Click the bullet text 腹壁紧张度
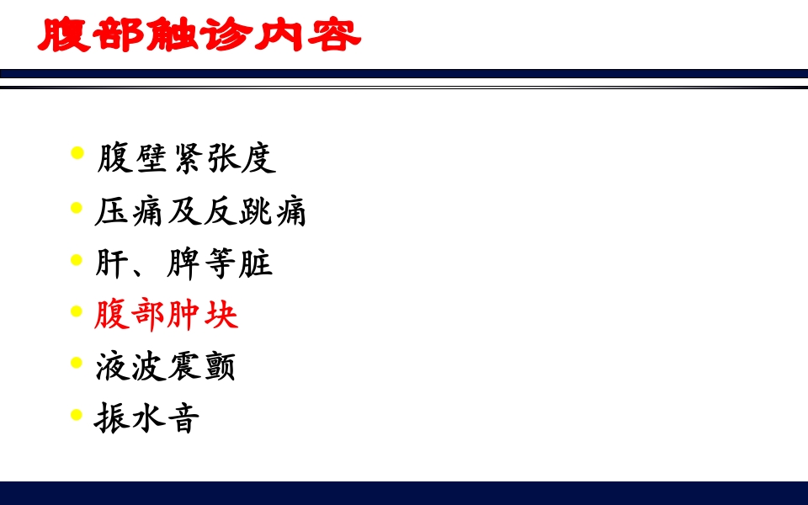tap(187, 157)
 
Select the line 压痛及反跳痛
tap(200, 210)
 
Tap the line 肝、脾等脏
tap(184, 263)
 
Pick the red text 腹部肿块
tap(167, 315)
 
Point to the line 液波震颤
tap(165, 366)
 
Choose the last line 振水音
tap(147, 418)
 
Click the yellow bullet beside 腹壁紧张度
tap(77, 153)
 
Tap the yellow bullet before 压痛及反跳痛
tap(77, 206)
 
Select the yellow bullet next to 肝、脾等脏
tap(77, 258)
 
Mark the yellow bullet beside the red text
tap(77, 311)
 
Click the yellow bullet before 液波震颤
tap(77, 363)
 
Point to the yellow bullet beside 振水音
tap(77, 414)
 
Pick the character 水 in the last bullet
tap(147, 418)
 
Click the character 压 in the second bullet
tap(112, 210)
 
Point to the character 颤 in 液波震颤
tap(219, 366)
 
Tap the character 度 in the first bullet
tap(258, 157)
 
